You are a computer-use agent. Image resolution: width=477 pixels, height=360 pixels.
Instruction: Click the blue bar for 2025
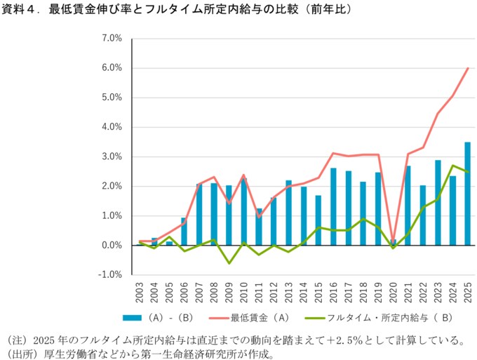coord(467,194)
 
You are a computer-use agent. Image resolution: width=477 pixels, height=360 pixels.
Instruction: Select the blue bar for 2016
coord(333,207)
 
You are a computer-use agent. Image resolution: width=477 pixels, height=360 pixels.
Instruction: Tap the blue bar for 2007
coord(199,215)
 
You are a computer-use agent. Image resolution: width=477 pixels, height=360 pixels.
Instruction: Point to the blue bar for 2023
coord(437,203)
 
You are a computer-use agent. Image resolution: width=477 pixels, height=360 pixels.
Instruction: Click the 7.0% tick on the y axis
coord(112,38)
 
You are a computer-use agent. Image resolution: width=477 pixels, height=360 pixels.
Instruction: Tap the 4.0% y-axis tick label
coord(112,127)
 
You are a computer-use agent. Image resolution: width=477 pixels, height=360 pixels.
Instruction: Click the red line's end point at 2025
coord(468,68)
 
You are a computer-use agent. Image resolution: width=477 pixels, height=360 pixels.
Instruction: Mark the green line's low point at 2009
coord(229,263)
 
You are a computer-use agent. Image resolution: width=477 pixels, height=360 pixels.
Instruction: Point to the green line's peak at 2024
coord(452,166)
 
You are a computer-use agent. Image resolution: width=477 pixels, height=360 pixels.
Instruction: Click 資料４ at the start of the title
coord(19,11)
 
